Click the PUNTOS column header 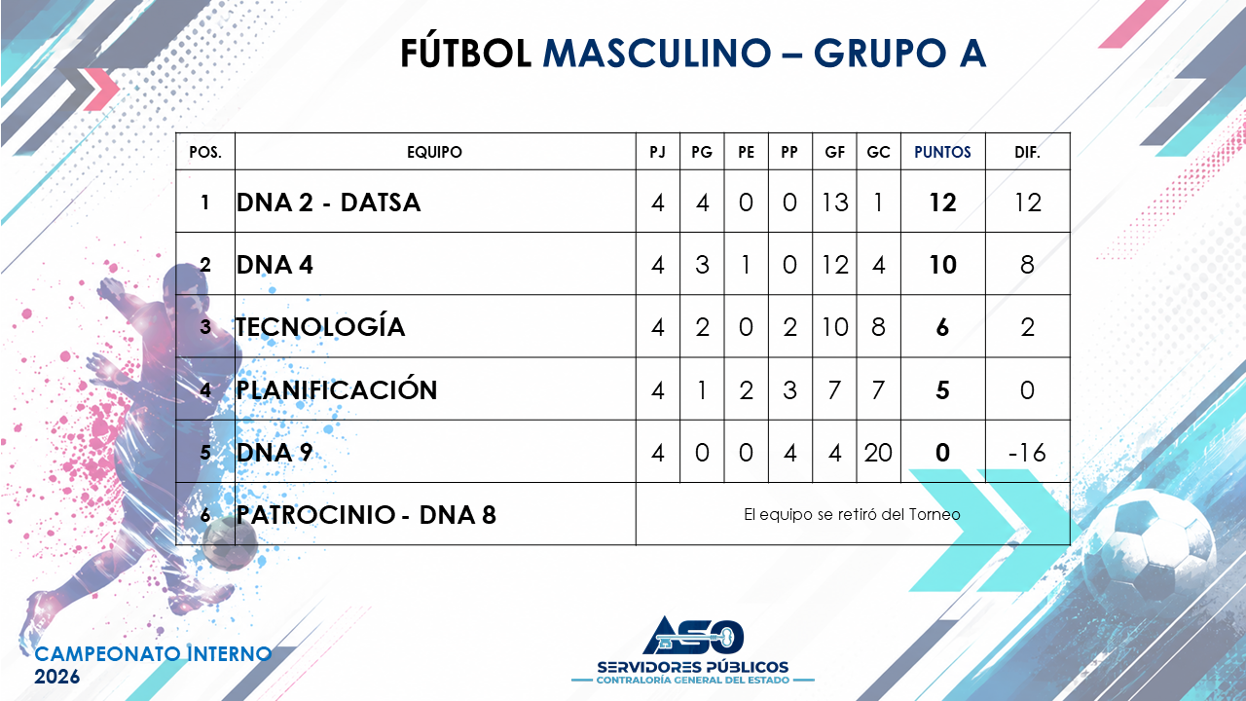pyautogui.click(x=942, y=152)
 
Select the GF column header pyautogui.click(x=834, y=152)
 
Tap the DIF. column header pyautogui.click(x=1027, y=152)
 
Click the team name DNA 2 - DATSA pyautogui.click(x=328, y=203)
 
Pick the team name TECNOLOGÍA pyautogui.click(x=320, y=326)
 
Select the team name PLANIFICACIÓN pyautogui.click(x=337, y=388)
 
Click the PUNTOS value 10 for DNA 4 pyautogui.click(x=943, y=265)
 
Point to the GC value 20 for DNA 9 pyautogui.click(x=878, y=453)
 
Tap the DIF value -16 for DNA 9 pyautogui.click(x=1027, y=453)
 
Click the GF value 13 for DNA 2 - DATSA pyautogui.click(x=834, y=203)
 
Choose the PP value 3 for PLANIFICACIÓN pyautogui.click(x=789, y=390)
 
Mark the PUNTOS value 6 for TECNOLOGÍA pyautogui.click(x=942, y=327)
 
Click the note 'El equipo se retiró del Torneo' pyautogui.click(x=852, y=515)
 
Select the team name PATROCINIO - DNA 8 pyautogui.click(x=365, y=515)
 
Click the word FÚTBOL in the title pyautogui.click(x=465, y=53)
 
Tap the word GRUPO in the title pyautogui.click(x=880, y=54)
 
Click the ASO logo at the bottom pyautogui.click(x=693, y=636)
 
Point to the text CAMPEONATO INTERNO pyautogui.click(x=153, y=653)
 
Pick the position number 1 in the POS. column pyautogui.click(x=204, y=203)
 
